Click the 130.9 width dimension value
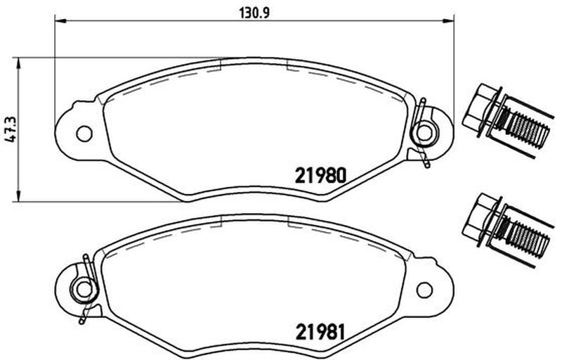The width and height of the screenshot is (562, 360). pos(254,13)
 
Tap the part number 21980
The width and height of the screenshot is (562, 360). pos(321,176)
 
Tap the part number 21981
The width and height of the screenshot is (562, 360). pos(320,332)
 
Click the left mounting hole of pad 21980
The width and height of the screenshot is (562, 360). pos(84,134)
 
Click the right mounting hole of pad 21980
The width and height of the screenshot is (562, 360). pos(425,133)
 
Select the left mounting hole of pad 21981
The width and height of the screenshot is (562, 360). pos(84,289)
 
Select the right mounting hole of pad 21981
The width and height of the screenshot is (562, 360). pos(425,290)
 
